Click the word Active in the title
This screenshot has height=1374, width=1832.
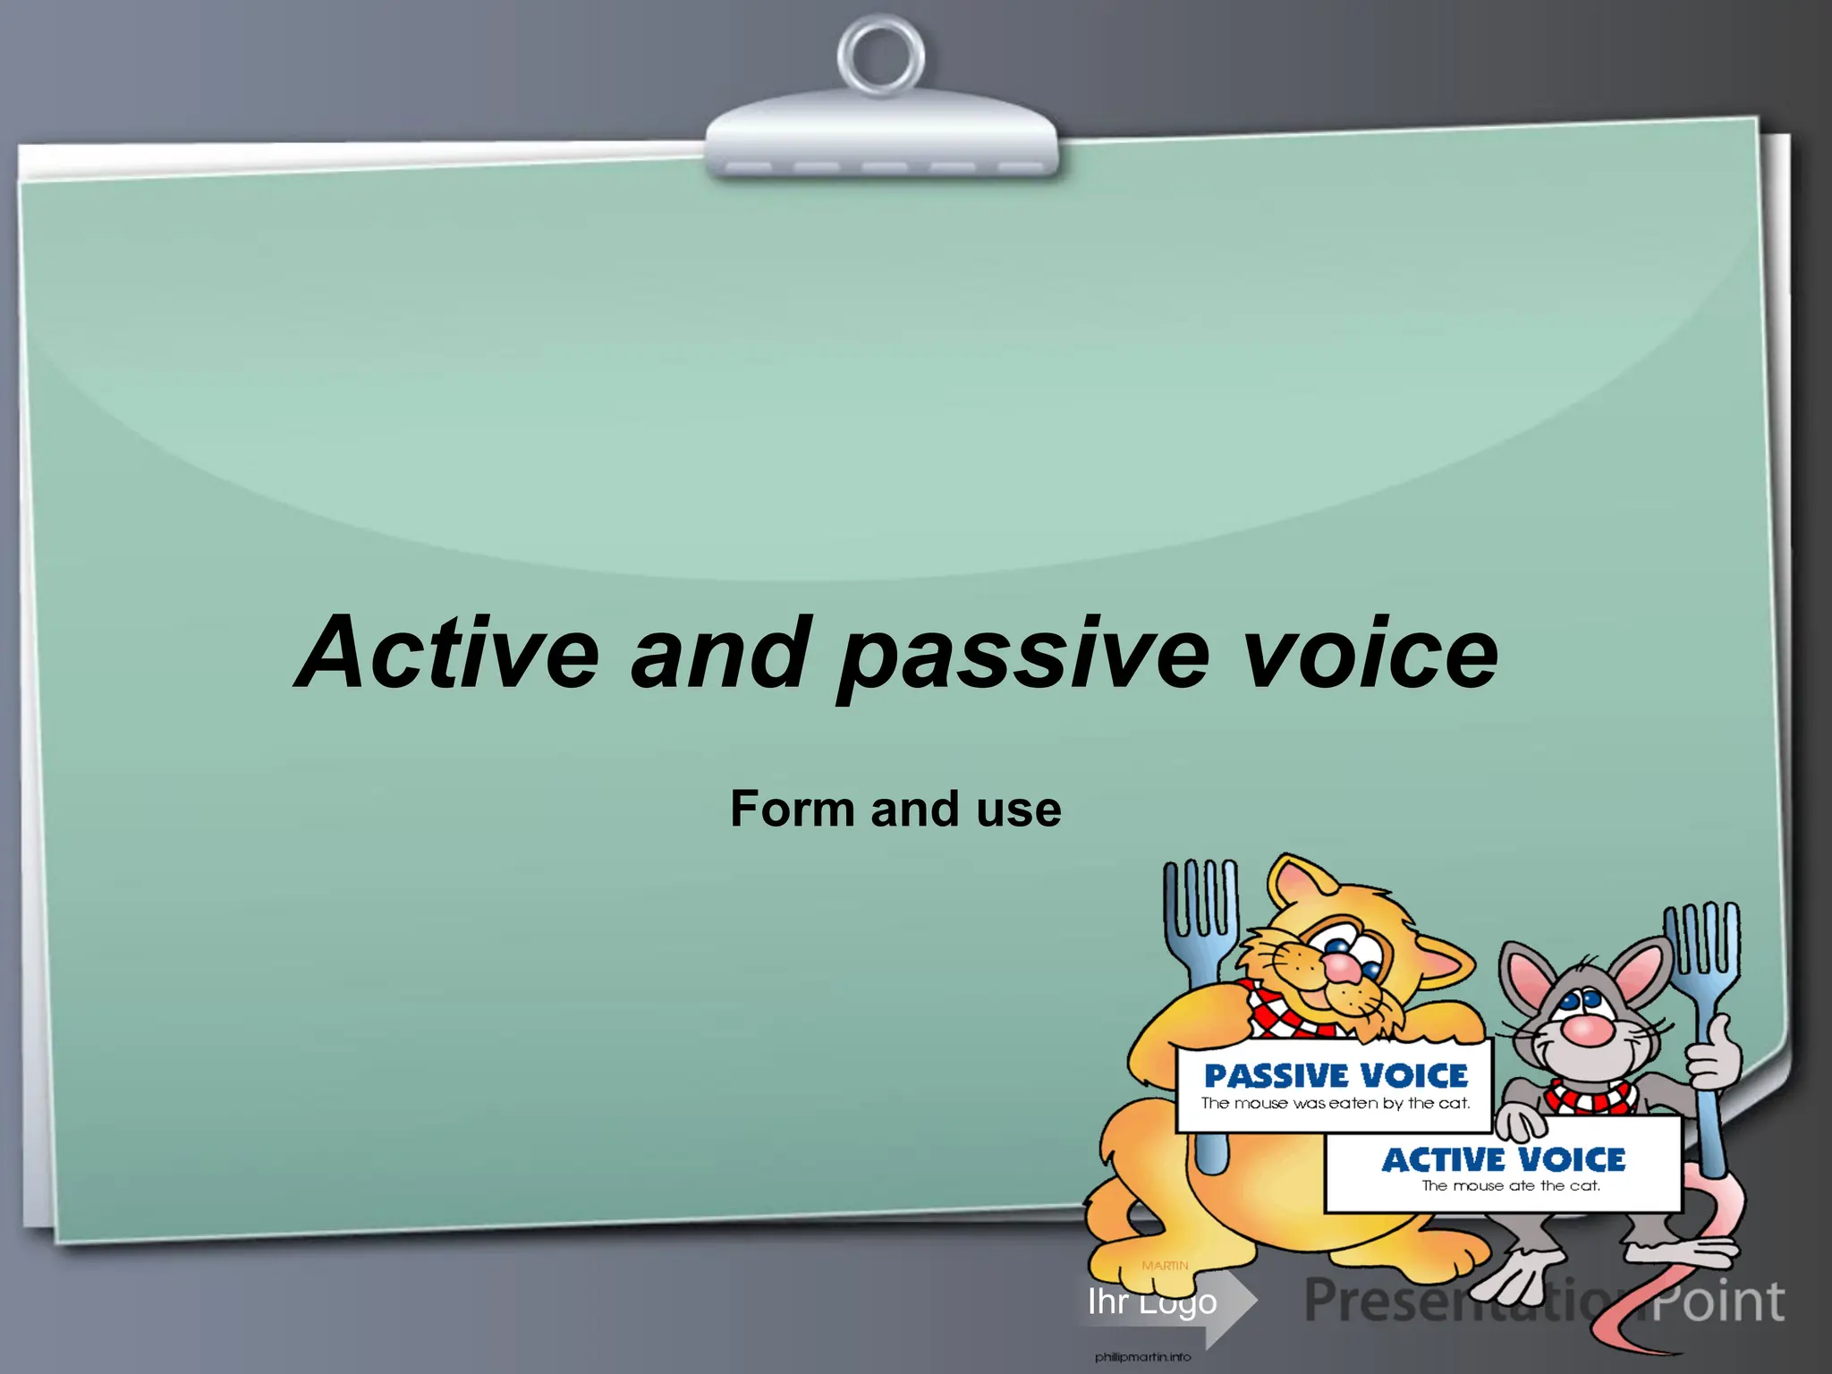(x=447, y=653)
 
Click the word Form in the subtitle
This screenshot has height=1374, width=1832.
(x=793, y=809)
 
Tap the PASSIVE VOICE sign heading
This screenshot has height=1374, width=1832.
(x=1336, y=1075)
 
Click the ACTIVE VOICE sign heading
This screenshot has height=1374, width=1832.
(x=1504, y=1159)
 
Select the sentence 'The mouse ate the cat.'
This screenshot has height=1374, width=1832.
(x=1511, y=1186)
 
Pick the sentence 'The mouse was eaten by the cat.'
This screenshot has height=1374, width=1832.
(x=1336, y=1104)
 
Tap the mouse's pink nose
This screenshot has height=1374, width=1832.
(x=1588, y=1030)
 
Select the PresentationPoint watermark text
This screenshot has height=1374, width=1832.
(x=1543, y=1302)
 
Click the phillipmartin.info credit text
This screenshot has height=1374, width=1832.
(x=1142, y=1357)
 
